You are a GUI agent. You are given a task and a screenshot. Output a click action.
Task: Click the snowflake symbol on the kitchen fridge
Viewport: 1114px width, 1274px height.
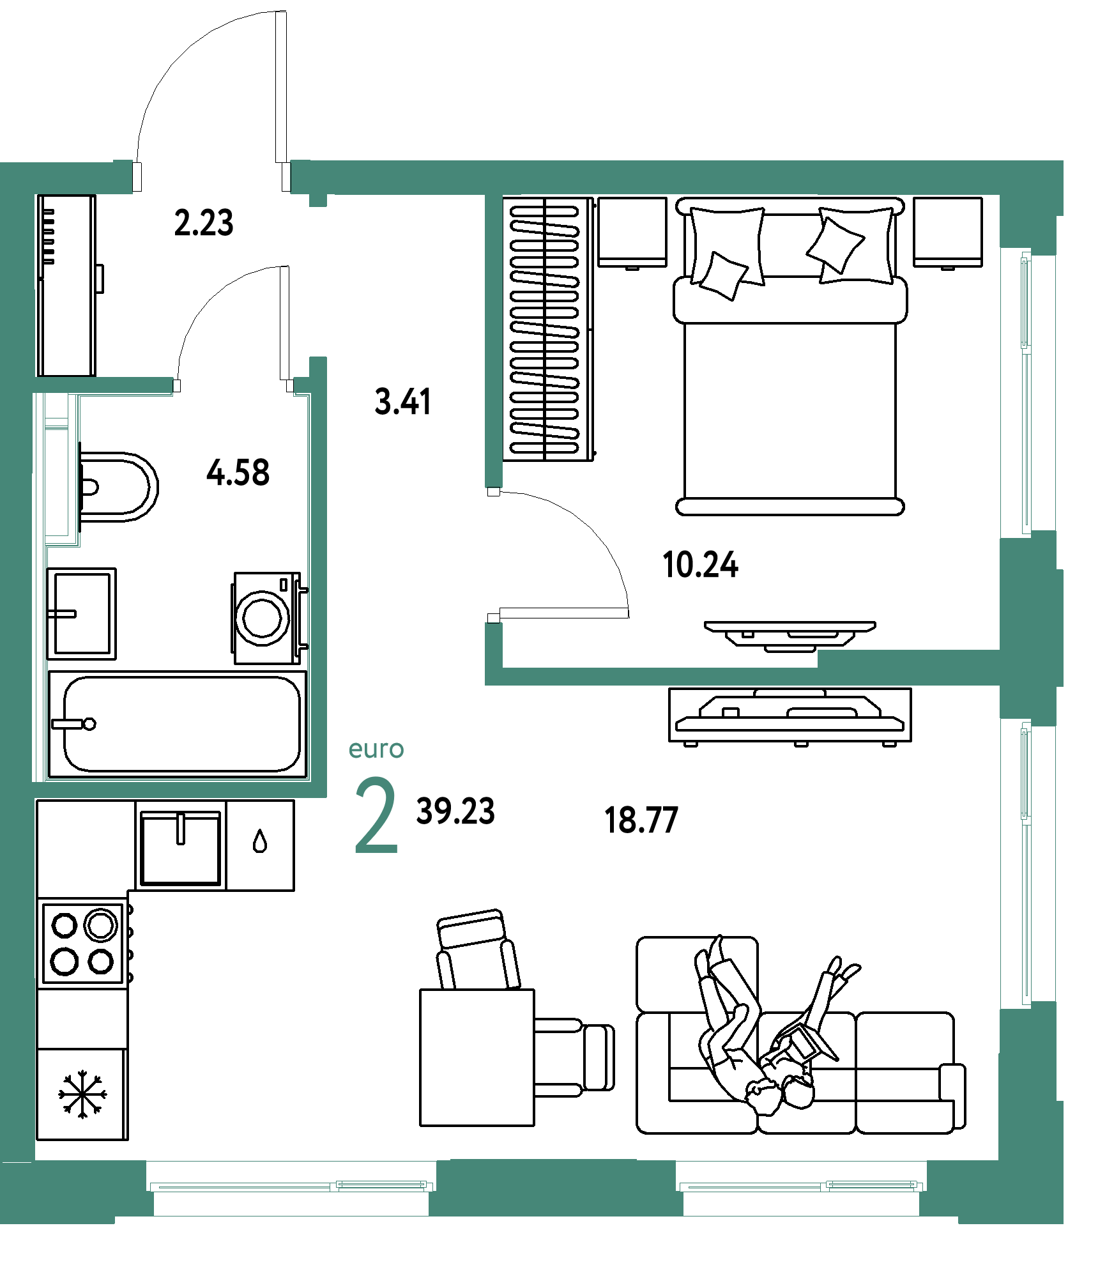click(x=82, y=1094)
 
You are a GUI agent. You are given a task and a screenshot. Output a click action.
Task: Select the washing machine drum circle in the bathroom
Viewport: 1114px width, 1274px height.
click(x=262, y=618)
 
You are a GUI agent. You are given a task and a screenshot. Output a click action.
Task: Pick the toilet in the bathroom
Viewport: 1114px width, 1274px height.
click(x=118, y=487)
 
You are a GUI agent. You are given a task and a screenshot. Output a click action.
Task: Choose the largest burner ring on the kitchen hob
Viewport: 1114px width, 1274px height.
click(x=102, y=925)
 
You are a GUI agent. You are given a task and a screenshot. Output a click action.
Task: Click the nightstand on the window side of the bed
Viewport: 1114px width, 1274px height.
click(x=948, y=233)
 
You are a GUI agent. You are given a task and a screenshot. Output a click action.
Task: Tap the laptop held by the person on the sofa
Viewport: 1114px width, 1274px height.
click(x=804, y=1041)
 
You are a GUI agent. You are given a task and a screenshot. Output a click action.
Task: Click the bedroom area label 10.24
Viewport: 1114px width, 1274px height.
click(x=700, y=565)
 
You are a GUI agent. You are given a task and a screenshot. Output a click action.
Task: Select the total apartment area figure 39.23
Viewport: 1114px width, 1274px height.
click(x=455, y=811)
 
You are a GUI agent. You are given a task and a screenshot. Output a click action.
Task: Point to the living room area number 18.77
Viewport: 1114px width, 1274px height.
click(x=641, y=820)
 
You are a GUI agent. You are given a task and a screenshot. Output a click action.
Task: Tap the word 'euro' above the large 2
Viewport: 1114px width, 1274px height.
click(x=376, y=749)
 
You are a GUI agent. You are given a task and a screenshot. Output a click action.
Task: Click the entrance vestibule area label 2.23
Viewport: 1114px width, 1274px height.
click(x=204, y=223)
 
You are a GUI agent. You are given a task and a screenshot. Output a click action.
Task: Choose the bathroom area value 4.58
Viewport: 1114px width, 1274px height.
click(x=238, y=473)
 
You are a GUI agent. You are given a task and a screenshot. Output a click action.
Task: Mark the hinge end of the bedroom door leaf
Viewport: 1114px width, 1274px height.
click(x=494, y=617)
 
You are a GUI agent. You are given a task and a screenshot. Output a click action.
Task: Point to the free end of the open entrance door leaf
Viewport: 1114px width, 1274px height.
click(x=281, y=13)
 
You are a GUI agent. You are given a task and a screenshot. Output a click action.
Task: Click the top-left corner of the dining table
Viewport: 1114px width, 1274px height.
click(x=420, y=990)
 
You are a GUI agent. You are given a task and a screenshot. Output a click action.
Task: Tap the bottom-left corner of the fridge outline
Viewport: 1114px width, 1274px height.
click(x=38, y=1139)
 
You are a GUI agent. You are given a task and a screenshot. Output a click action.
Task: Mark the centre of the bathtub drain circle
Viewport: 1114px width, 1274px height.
click(x=90, y=724)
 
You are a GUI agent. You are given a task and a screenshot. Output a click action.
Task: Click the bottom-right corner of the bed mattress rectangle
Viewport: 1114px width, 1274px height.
click(x=896, y=498)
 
